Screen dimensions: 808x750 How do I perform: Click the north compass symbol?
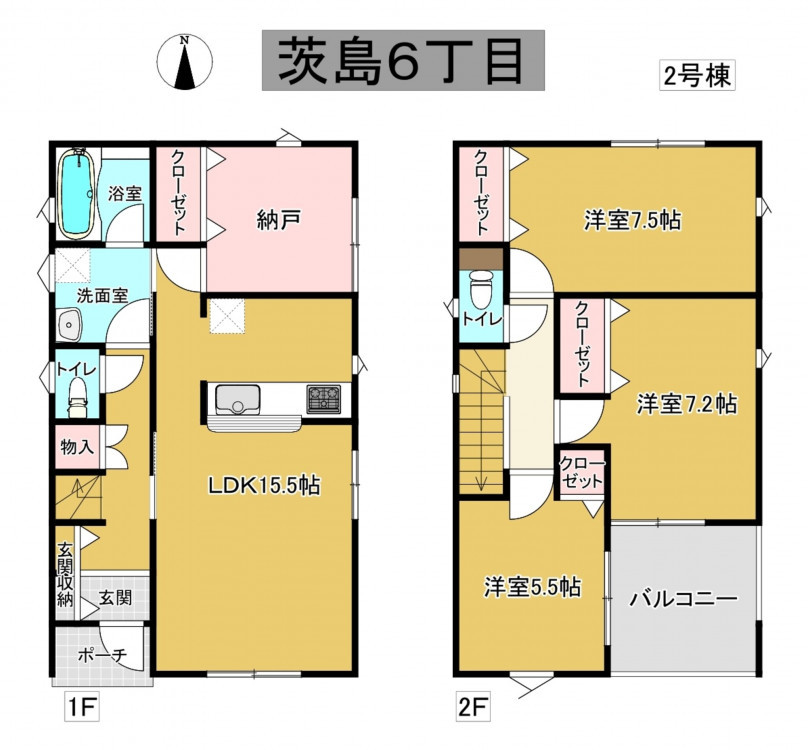click(184, 62)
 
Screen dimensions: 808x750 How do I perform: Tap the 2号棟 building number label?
click(697, 76)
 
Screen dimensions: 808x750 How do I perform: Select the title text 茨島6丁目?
click(403, 60)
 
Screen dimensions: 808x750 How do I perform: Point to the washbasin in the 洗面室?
click(70, 325)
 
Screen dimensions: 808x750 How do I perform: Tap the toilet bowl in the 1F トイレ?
click(78, 397)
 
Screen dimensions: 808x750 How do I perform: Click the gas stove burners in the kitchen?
click(324, 398)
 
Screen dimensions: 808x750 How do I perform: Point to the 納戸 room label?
click(278, 221)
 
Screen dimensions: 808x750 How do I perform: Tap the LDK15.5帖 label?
click(263, 485)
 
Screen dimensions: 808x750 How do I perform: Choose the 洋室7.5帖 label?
click(632, 220)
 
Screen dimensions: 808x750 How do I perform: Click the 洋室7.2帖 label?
click(687, 404)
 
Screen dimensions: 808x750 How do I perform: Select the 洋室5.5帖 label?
click(532, 587)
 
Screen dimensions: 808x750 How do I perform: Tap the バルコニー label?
click(684, 599)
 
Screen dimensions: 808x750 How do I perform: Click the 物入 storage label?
click(77, 446)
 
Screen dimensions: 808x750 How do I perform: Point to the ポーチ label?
click(103, 655)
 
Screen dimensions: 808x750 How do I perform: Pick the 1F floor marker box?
click(81, 708)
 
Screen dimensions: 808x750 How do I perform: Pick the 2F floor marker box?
click(473, 708)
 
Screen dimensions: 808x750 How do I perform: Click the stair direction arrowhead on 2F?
click(481, 484)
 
